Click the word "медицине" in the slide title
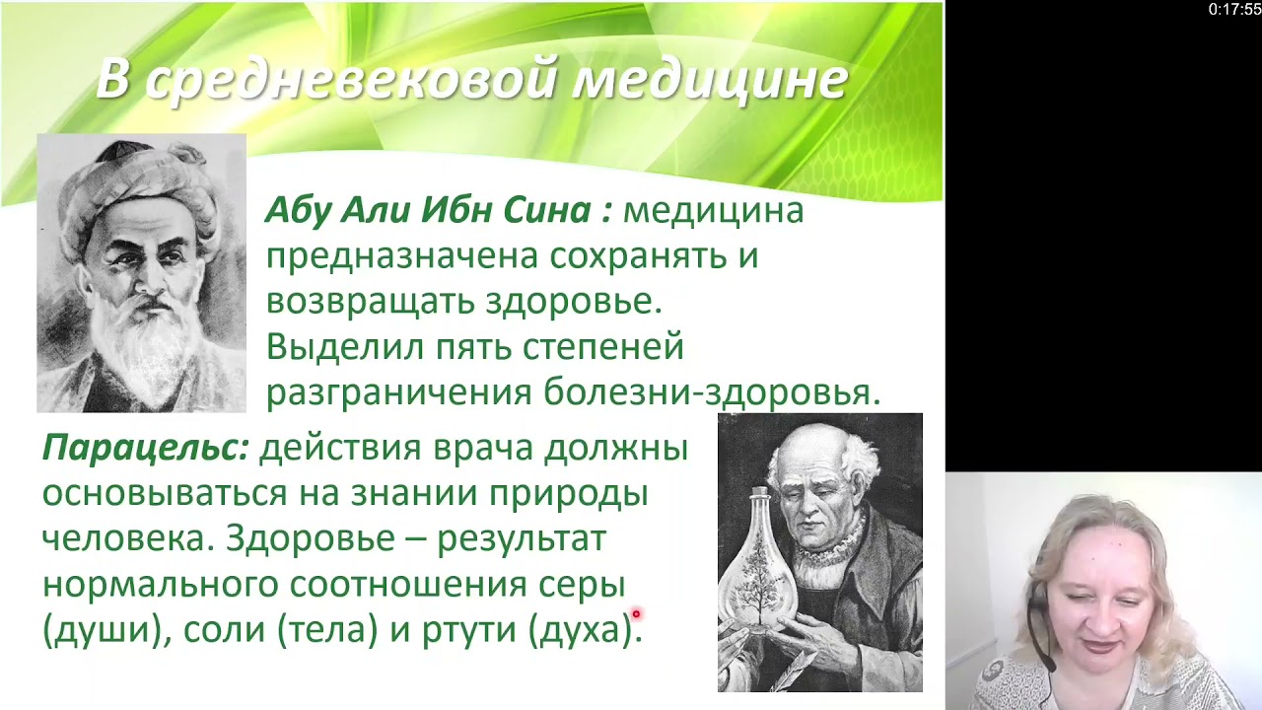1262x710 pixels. click(710, 80)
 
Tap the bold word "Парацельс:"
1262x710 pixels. click(145, 448)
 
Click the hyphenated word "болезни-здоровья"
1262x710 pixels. click(711, 392)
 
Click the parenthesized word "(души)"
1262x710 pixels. click(102, 629)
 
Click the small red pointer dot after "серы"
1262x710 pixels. click(636, 614)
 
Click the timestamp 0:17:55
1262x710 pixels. click(1233, 10)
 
